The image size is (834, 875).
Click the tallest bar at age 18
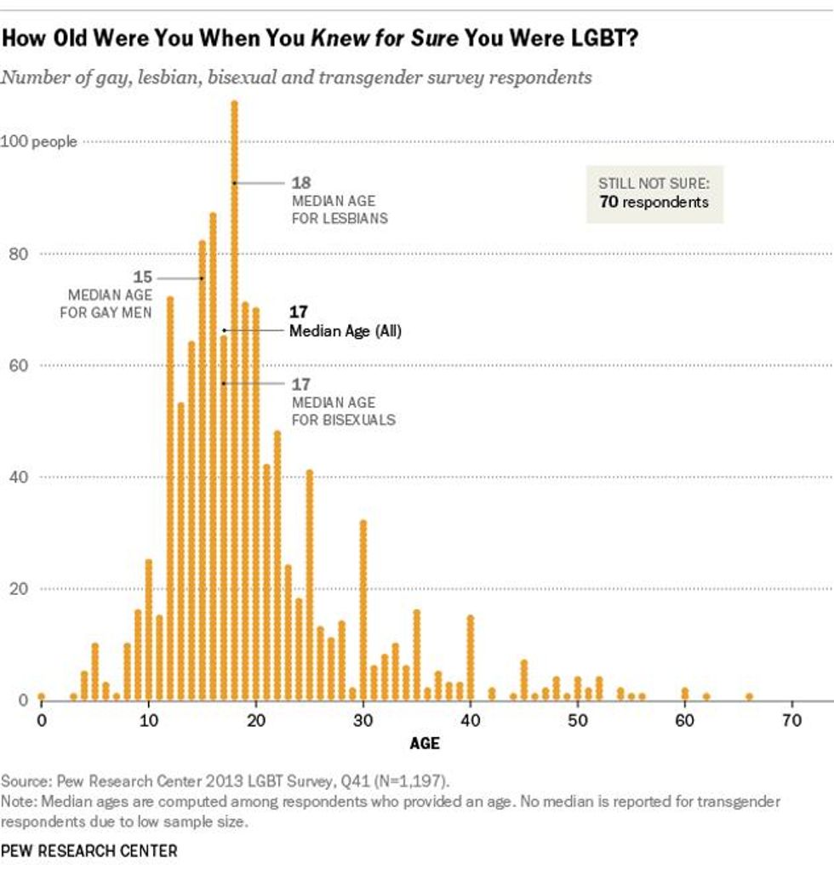click(x=234, y=400)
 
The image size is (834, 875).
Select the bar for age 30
click(x=363, y=609)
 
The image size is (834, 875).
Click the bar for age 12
click(x=170, y=498)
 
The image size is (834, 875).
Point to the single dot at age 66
click(x=749, y=696)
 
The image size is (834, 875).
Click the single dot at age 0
click(x=41, y=696)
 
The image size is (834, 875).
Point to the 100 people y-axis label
click(x=38, y=142)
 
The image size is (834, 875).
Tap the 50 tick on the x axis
click(x=578, y=720)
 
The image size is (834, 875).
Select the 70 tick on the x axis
click(x=792, y=720)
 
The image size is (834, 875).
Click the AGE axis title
click(x=425, y=743)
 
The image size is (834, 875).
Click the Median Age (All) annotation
click(x=345, y=331)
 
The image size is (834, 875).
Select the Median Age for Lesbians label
click(x=340, y=209)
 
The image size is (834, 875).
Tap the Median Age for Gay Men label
click(x=106, y=304)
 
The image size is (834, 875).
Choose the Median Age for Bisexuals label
click(x=343, y=410)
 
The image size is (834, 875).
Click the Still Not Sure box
click(x=654, y=193)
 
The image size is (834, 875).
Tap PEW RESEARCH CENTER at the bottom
click(x=89, y=850)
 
